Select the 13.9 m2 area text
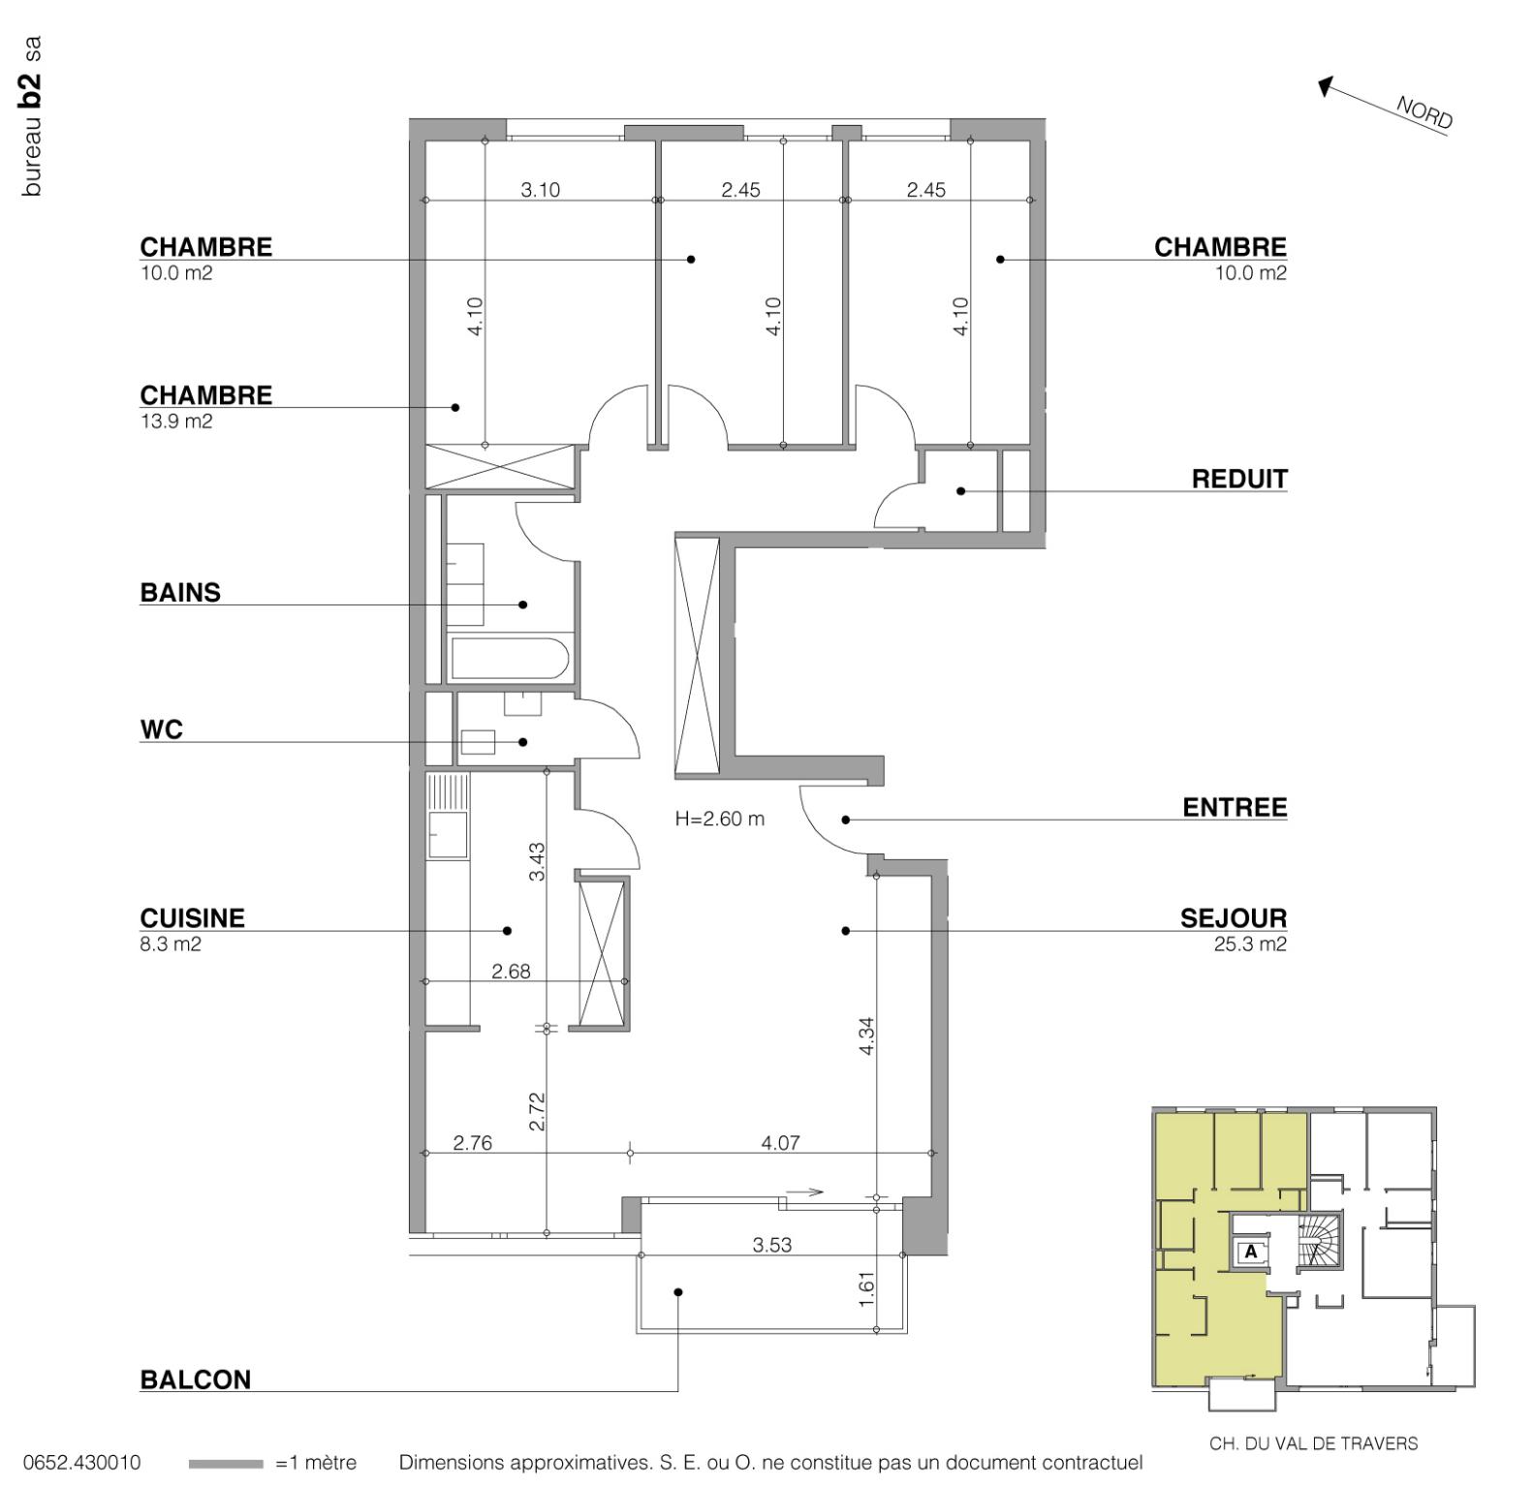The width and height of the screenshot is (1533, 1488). pyautogui.click(x=176, y=421)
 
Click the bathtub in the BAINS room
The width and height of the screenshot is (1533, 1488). pyautogui.click(x=509, y=658)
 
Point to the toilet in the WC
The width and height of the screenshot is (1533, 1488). pyautogui.click(x=478, y=742)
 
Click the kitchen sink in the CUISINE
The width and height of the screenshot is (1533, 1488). pyautogui.click(x=448, y=834)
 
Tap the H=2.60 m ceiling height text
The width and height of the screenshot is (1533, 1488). pyautogui.click(x=719, y=819)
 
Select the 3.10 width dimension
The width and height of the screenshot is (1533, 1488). pyautogui.click(x=540, y=190)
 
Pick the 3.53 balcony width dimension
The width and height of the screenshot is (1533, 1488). pyautogui.click(x=771, y=1245)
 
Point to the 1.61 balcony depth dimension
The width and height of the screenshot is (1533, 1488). pyautogui.click(x=867, y=1288)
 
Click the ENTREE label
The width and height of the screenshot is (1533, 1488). pyautogui.click(x=1234, y=808)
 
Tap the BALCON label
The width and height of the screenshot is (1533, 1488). pyautogui.click(x=195, y=1379)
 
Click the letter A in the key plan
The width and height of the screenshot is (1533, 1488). pyautogui.click(x=1250, y=1252)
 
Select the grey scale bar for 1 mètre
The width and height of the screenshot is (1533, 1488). pyautogui.click(x=225, y=1464)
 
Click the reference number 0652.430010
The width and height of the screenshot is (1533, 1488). pyautogui.click(x=81, y=1463)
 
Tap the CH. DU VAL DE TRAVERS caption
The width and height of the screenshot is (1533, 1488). pyautogui.click(x=1312, y=1443)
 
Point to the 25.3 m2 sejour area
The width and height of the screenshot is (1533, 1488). pyautogui.click(x=1249, y=945)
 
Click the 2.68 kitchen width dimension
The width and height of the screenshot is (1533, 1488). pyautogui.click(x=511, y=972)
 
